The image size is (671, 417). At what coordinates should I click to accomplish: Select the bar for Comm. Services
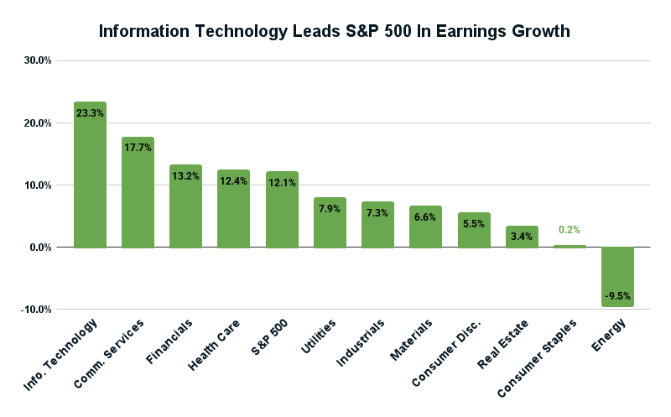coord(138,192)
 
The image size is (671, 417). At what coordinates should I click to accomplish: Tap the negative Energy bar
coord(617,276)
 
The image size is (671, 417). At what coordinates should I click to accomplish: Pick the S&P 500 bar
coord(282,210)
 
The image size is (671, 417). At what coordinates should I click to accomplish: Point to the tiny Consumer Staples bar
coord(570,246)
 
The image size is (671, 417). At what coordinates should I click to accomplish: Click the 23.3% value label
coord(90,112)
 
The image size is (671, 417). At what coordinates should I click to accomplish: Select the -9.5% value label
coord(617,295)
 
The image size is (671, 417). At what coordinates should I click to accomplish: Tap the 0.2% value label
coord(570,230)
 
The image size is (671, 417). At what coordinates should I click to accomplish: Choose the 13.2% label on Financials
coord(185,175)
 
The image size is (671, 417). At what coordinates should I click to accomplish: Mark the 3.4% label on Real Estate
coord(522,237)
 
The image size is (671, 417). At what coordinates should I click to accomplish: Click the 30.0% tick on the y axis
coord(38,60)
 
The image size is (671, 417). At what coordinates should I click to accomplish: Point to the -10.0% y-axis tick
coord(36,310)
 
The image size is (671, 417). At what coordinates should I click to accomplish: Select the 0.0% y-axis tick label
coord(39,248)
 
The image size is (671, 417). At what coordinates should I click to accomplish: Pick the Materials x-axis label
coord(412,339)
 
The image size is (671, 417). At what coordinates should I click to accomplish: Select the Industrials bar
coord(377,225)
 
